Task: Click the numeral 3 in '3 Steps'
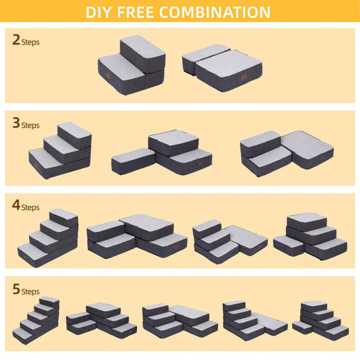(16, 123)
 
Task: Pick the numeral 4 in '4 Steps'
(16, 206)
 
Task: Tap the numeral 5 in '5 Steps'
(16, 290)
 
